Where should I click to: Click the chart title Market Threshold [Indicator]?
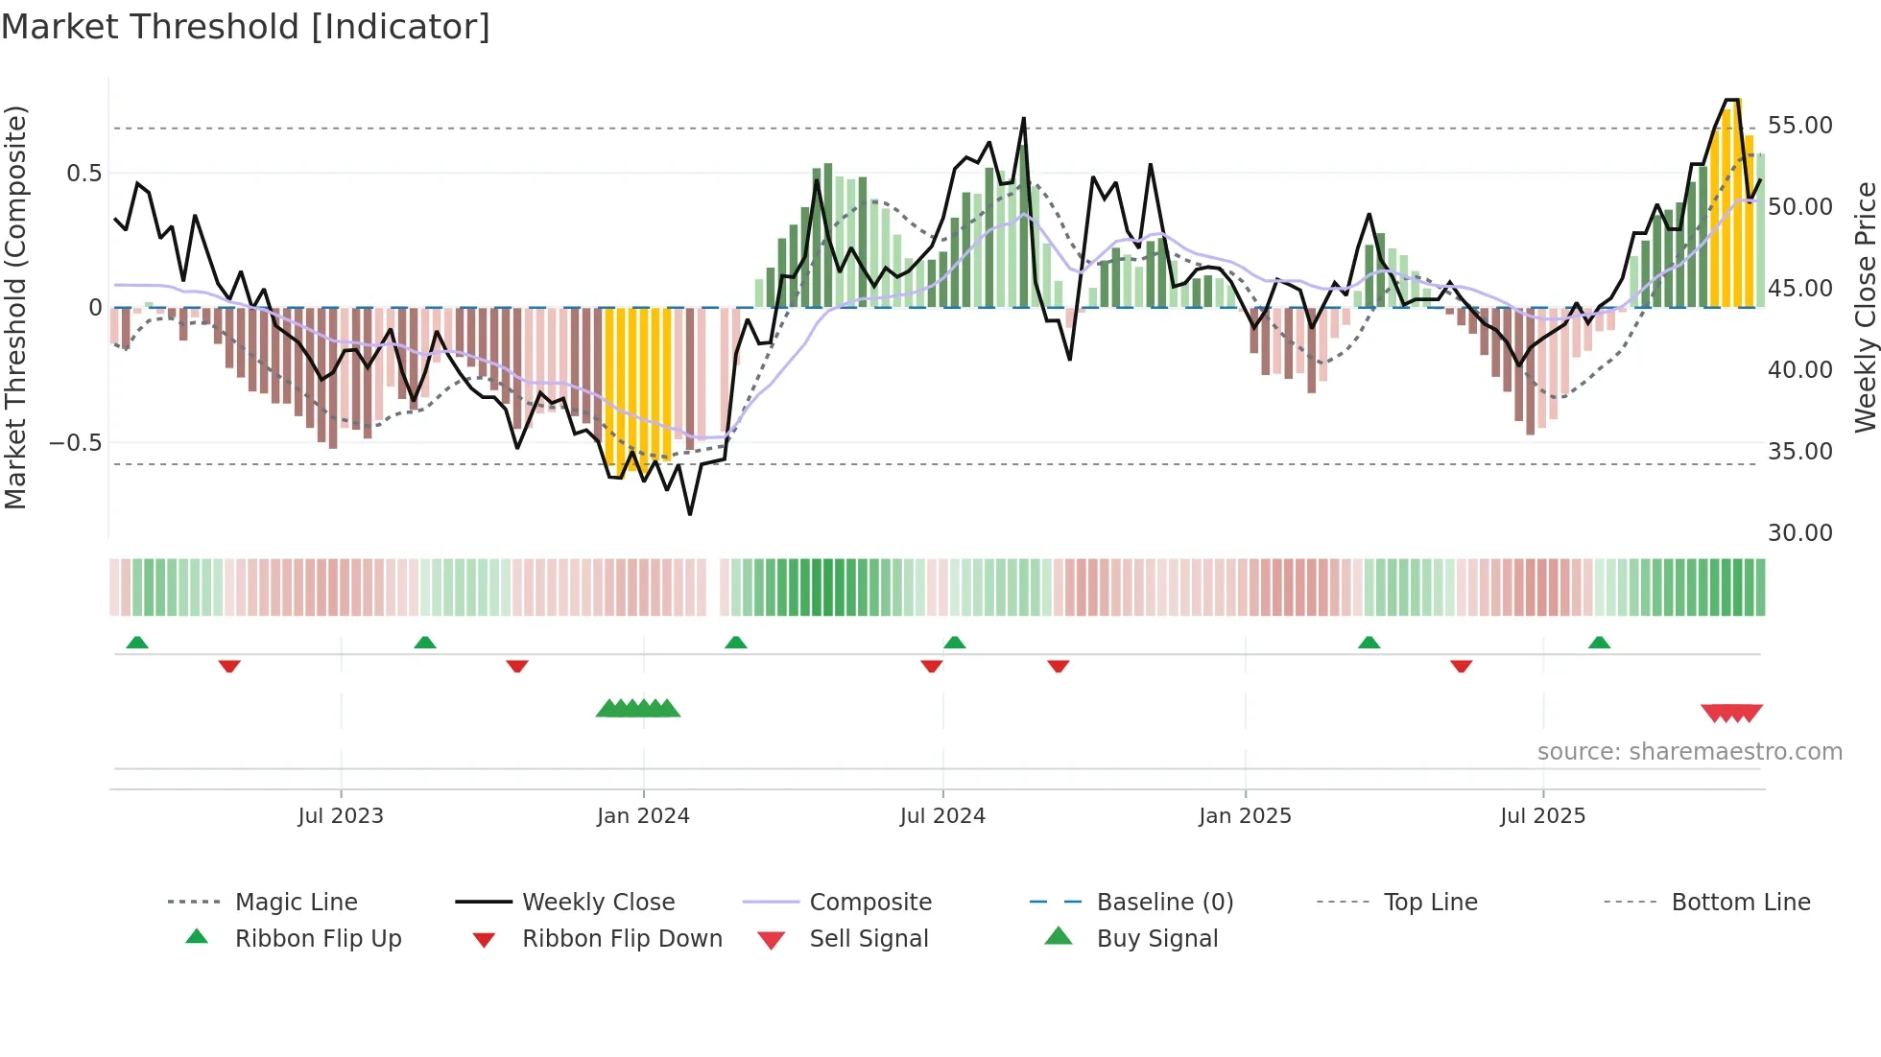point(246,27)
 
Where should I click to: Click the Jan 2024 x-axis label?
point(643,815)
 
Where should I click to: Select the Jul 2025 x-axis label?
point(1542,815)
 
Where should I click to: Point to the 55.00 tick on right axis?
point(1799,126)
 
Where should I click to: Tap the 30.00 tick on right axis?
point(1799,532)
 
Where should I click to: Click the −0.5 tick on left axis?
point(75,443)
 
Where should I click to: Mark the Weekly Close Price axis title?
point(1865,307)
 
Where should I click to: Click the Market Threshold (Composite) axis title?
point(15,307)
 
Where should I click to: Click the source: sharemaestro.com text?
point(1689,751)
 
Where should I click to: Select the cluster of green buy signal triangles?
point(638,709)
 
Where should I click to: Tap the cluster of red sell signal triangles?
point(1731,713)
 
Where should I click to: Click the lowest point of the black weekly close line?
point(690,514)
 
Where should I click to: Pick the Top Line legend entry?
point(1430,902)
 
